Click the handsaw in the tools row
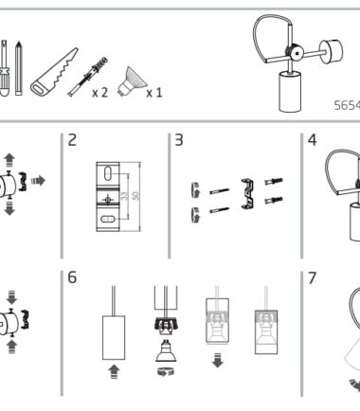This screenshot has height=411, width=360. click(x=54, y=73)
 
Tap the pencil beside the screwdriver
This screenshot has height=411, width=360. click(x=19, y=68)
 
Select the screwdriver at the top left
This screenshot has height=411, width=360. click(x=5, y=68)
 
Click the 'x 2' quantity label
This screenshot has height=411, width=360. click(x=99, y=93)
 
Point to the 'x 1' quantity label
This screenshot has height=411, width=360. click(x=154, y=93)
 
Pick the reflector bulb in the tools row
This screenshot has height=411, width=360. click(x=132, y=81)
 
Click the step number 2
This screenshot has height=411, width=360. click(x=72, y=140)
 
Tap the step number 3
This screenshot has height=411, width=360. click(x=179, y=140)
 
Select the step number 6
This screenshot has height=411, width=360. click(x=72, y=277)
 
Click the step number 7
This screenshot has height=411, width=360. click(x=312, y=277)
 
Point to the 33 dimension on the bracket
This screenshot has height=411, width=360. click(x=125, y=196)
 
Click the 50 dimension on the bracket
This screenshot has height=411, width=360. click(x=135, y=196)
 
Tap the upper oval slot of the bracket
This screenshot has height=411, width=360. click(x=108, y=173)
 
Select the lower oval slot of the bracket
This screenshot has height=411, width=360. click(x=108, y=219)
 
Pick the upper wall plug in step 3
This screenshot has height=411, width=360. click(x=274, y=182)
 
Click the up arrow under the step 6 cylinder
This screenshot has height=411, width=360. click(x=114, y=371)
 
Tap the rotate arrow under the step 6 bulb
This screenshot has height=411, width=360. click(x=166, y=372)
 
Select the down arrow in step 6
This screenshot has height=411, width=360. click(x=218, y=361)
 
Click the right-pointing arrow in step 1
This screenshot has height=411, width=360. click(x=38, y=181)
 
